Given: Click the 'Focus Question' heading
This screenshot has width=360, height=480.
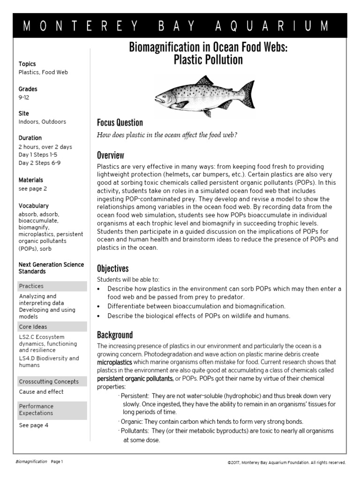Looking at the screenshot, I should (x=120, y=123).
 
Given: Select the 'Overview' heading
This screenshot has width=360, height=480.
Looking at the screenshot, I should (x=110, y=155).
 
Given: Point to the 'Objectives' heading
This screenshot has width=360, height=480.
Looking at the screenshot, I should (x=112, y=269).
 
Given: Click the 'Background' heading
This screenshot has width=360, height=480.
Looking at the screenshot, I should (x=115, y=335).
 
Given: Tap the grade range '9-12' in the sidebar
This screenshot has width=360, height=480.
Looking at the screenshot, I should (x=23, y=97).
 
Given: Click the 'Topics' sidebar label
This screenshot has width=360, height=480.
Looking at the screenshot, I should (x=27, y=64).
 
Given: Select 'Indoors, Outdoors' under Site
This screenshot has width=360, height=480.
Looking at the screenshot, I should (x=42, y=122).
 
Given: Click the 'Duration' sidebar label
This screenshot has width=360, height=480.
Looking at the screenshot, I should (x=30, y=138).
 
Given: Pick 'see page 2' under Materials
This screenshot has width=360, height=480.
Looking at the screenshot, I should (x=33, y=189).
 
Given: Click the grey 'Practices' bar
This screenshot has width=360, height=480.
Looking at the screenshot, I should (x=52, y=286).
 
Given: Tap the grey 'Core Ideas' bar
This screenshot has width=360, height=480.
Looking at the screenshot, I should (x=52, y=327).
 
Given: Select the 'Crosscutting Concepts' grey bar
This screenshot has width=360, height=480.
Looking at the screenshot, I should (x=52, y=382).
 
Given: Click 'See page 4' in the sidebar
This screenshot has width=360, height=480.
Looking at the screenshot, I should (x=33, y=426).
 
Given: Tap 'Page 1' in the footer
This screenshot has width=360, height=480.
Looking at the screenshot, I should (x=56, y=462).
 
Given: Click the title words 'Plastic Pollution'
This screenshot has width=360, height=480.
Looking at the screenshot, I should (x=208, y=60).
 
